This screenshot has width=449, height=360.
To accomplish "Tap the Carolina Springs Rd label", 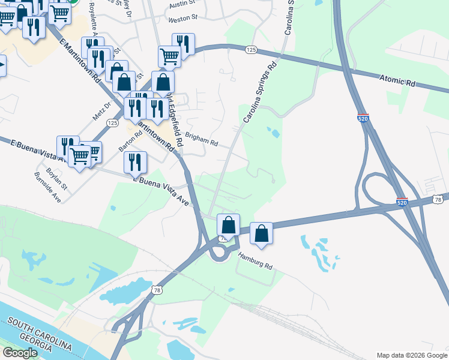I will click(259, 91).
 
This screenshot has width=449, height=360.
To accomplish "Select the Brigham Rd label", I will click(201, 139).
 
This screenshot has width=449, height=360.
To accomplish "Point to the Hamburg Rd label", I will click(255, 259).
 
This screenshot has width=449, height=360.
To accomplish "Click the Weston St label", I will click(182, 19).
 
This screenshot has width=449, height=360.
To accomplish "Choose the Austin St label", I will click(182, 4).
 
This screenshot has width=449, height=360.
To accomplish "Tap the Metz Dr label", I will click(103, 111).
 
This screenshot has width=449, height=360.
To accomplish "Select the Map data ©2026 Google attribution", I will click(411, 355).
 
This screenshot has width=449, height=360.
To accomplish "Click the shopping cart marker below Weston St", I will click(169, 56).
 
